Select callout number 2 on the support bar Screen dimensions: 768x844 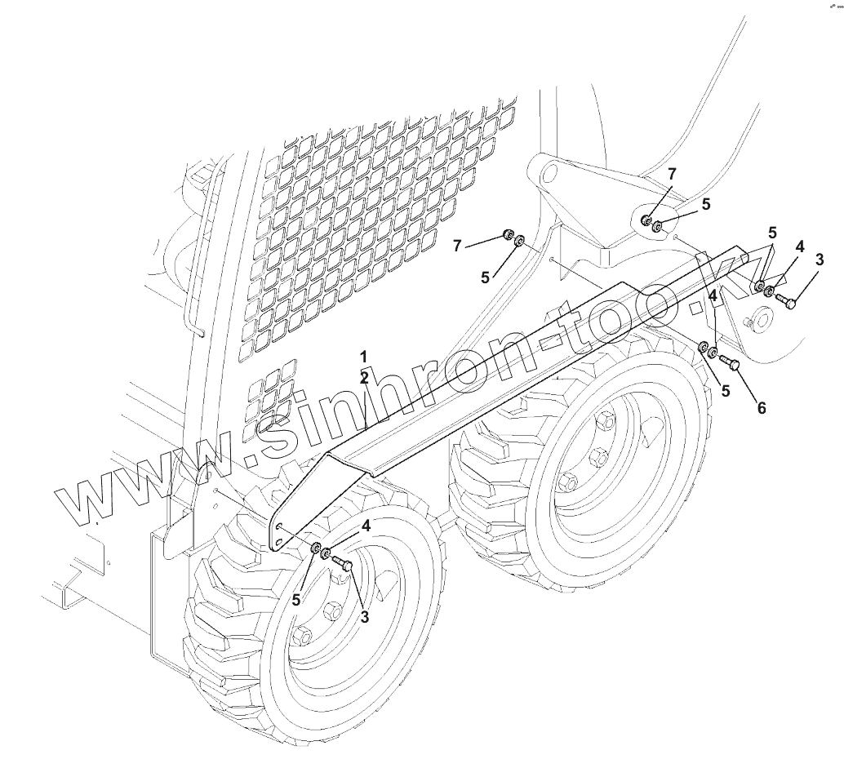pos(364,377)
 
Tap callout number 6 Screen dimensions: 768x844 pos(761,407)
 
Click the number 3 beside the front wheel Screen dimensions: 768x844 pos(364,617)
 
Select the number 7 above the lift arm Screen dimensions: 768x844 pos(672,174)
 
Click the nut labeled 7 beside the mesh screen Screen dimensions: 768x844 pos(507,236)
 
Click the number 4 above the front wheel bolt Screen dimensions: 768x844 pos(366,526)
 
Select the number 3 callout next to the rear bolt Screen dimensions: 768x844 pos(820,260)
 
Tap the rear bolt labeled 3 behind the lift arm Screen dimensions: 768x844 pos(788,301)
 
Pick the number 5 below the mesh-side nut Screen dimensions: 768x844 pos(486,277)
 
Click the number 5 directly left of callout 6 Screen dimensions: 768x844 pos(726,390)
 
